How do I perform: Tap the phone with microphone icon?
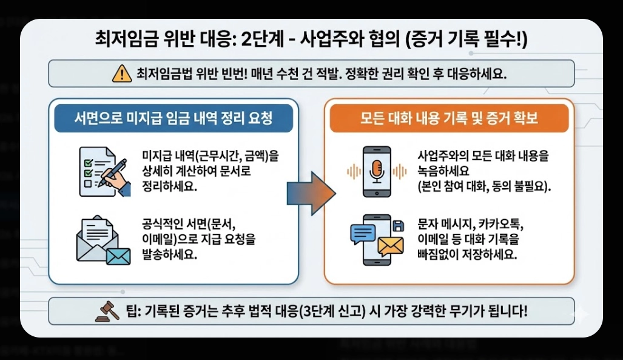(376, 171)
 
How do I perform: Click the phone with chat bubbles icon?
(376, 239)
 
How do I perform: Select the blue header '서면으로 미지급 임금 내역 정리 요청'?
(173, 120)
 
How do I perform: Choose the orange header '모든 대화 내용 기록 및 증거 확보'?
(449, 120)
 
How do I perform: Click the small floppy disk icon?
(399, 226)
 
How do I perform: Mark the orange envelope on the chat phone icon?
(390, 245)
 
